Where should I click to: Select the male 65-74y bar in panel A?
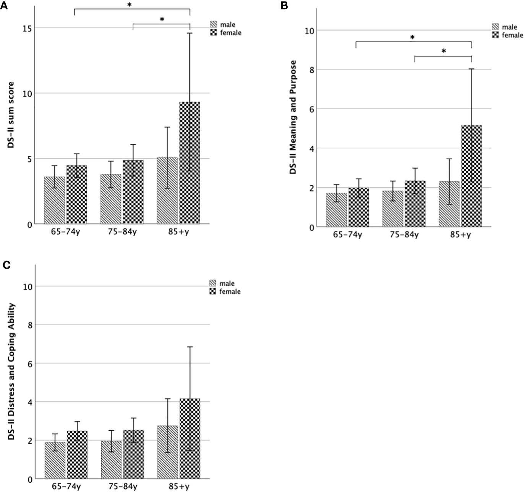pos(54,200)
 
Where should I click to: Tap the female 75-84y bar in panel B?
pos(415,204)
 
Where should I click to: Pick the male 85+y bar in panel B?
pos(449,204)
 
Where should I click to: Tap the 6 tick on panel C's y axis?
pos(29,363)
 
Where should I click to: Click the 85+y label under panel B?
pos(460,235)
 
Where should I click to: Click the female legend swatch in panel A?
pos(214,32)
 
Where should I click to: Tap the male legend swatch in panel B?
pos(496,27)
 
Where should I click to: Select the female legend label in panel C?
pos(230,292)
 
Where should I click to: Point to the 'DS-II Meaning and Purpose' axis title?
pos(293,117)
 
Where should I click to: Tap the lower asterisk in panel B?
pos(444,51)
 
